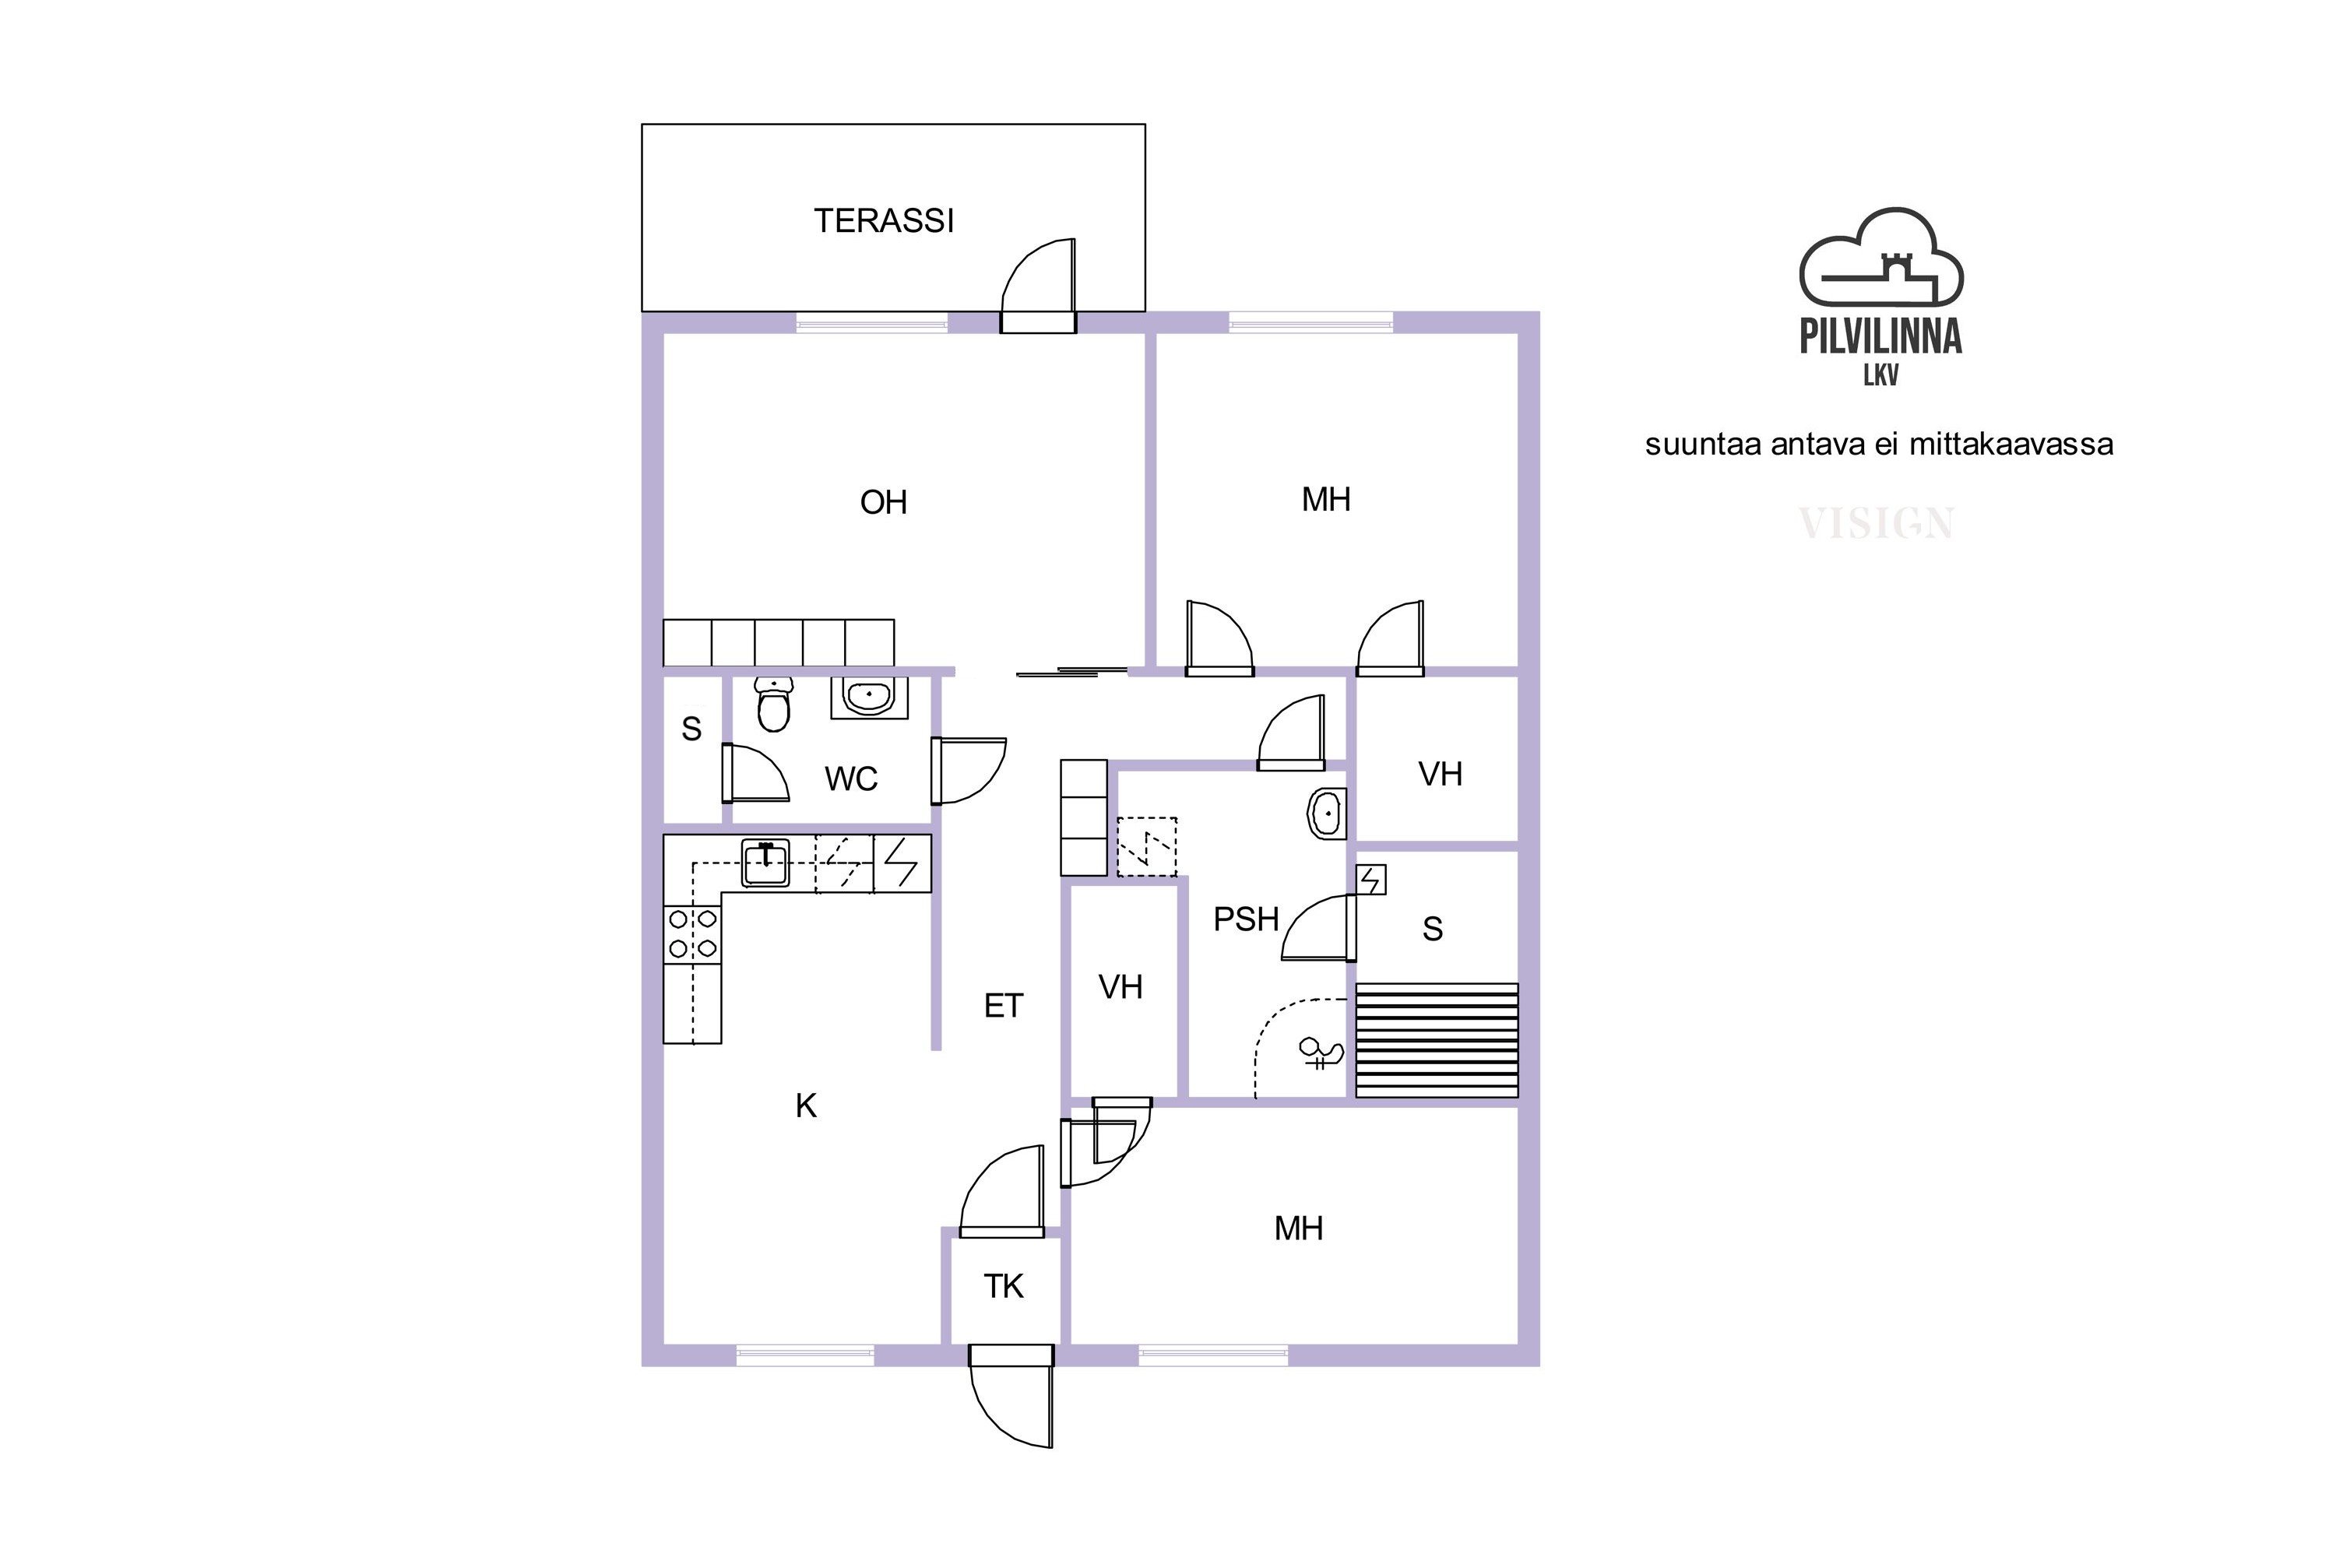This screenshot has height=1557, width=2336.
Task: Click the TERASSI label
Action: coord(884,220)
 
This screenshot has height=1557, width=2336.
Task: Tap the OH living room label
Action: coord(884,502)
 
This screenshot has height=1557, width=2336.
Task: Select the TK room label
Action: coord(1003,1287)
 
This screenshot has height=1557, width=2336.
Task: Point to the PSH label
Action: coord(1245,919)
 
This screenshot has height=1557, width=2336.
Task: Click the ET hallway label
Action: coord(1003,1007)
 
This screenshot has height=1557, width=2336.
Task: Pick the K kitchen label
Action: coord(805,1106)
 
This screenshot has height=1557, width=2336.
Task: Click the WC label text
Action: coord(851,779)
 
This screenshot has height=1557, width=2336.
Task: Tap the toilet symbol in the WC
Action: coord(774,704)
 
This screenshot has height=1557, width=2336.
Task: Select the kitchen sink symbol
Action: coord(765,863)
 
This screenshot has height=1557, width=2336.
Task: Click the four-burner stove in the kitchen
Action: coord(692,934)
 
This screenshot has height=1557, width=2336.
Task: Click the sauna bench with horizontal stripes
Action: coord(1437,1041)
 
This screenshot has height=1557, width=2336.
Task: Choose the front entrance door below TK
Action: coord(1011,1396)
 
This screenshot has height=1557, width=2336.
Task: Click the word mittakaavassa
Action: coord(2011,445)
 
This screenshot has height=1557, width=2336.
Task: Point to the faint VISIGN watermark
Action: coord(1876,523)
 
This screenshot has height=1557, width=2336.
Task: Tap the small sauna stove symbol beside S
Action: coord(1371,880)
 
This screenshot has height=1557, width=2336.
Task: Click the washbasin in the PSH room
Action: coord(1326,814)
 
